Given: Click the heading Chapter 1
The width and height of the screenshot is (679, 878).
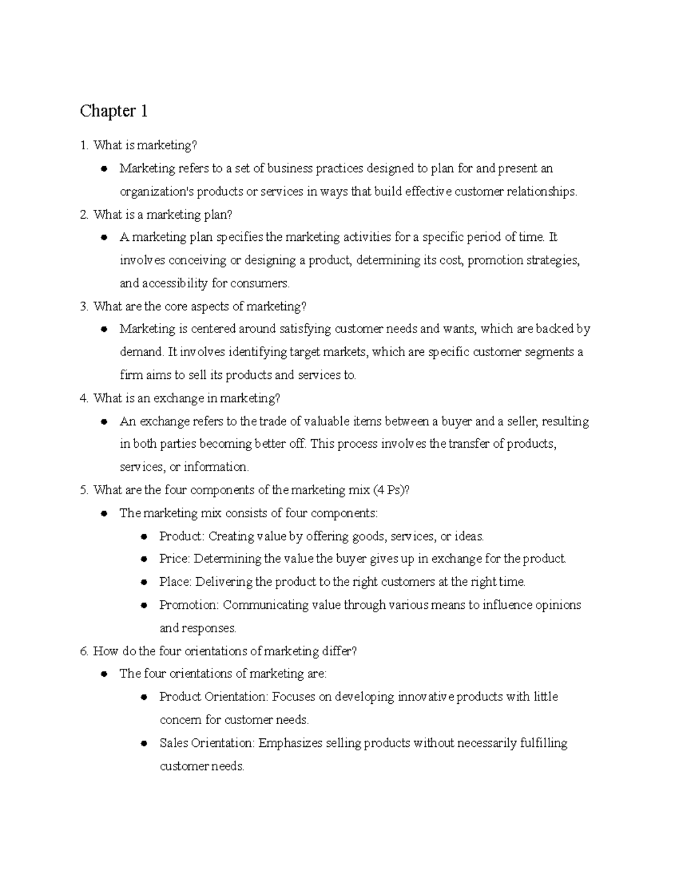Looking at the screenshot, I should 114,111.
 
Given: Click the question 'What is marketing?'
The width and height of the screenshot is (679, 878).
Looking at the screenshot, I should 145,145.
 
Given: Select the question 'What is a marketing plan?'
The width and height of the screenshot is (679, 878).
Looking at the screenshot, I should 163,214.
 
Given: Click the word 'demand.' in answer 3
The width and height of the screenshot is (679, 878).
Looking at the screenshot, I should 141,352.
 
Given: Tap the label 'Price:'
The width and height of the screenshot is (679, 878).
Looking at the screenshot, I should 175,559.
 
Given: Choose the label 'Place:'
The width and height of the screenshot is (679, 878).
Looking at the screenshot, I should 176,582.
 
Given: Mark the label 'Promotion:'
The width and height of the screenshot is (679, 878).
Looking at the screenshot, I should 189,605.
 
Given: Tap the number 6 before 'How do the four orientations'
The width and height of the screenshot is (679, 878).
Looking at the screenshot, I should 84,651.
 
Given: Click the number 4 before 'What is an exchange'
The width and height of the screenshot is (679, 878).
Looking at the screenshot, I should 84,399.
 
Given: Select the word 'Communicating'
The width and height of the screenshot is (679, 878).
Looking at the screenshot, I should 261,605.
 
